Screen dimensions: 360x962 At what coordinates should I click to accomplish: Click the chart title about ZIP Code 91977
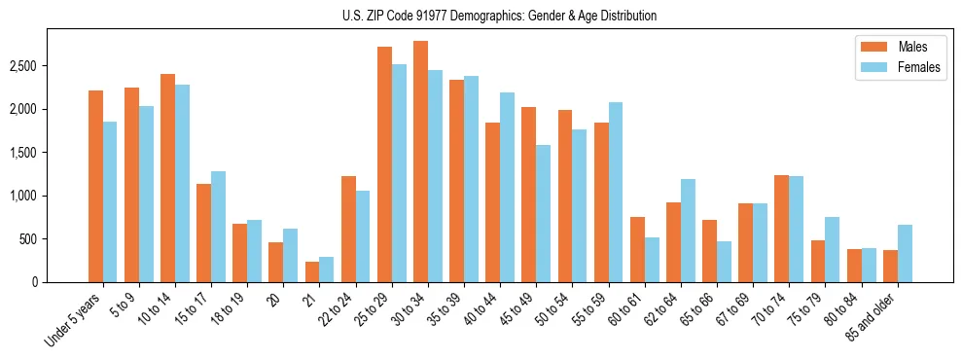[x=499, y=16]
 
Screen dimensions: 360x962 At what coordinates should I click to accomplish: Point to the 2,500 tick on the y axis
[x=23, y=66]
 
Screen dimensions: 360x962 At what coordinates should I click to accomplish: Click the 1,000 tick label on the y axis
[x=23, y=196]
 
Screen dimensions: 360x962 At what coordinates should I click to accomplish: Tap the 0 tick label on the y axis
[x=34, y=282]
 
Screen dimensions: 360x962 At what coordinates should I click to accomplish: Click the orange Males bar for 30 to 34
[x=420, y=162]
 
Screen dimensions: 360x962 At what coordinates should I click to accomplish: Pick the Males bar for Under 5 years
[x=95, y=186]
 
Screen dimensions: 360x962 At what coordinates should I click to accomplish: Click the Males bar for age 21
[x=312, y=271]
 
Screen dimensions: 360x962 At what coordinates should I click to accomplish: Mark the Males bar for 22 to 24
[x=348, y=229]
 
